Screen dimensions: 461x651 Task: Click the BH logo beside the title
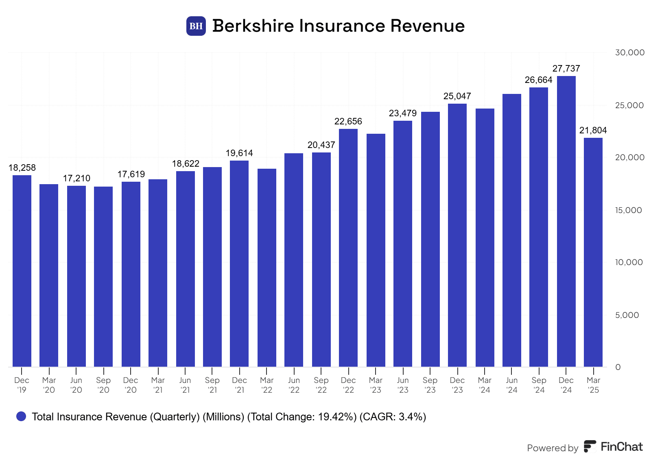click(x=196, y=26)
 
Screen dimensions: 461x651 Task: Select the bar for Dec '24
click(x=566, y=222)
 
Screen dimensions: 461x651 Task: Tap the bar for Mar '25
click(x=593, y=252)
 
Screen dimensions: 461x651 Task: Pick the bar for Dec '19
click(x=22, y=271)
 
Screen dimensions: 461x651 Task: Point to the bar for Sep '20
click(x=103, y=276)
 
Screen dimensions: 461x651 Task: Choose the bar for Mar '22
click(x=267, y=267)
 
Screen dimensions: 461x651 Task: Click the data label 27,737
click(x=566, y=68)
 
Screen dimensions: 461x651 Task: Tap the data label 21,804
click(x=593, y=130)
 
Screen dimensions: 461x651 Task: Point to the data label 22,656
click(x=348, y=121)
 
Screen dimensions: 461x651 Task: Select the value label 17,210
click(x=76, y=178)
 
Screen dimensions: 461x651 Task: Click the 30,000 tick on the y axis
click(x=629, y=52)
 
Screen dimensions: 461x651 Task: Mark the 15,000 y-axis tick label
click(x=628, y=210)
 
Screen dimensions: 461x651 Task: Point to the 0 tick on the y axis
click(x=618, y=367)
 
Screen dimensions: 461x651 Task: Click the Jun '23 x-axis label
click(x=403, y=385)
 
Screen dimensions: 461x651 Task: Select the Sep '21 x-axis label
click(x=212, y=385)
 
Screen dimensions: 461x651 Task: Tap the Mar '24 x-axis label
click(x=485, y=385)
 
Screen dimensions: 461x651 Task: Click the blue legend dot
click(x=21, y=416)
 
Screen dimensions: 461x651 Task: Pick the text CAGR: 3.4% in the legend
click(x=393, y=417)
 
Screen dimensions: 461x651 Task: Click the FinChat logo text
click(x=621, y=447)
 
